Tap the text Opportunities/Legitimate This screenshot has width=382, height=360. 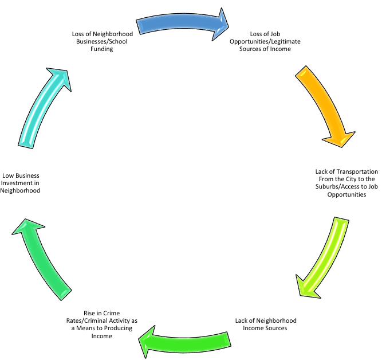265,42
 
